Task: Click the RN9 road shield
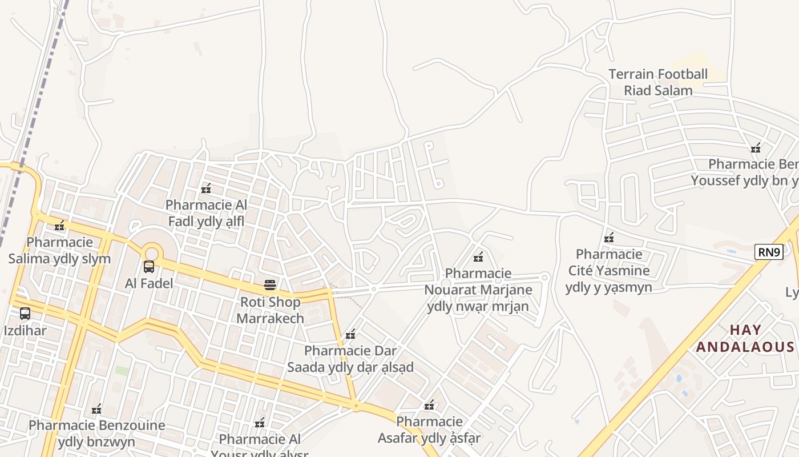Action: (768, 252)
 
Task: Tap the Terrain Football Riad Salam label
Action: (658, 82)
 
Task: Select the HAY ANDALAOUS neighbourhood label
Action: (745, 338)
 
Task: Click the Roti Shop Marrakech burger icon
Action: (270, 285)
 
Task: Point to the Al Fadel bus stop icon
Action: (149, 266)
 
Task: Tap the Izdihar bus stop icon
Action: (25, 314)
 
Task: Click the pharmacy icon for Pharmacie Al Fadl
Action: (206, 189)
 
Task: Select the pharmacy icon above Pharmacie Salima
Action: (59, 226)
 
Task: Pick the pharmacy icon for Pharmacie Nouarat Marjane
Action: (478, 257)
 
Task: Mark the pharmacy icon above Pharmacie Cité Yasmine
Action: (609, 238)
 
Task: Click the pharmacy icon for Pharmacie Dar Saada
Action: (350, 334)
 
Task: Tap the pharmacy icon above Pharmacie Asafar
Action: (429, 406)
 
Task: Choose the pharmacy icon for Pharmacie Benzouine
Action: (96, 409)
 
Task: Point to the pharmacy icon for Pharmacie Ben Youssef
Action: (756, 148)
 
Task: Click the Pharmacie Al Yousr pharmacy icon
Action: (260, 423)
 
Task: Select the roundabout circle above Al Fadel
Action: (151, 252)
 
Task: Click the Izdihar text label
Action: (25, 330)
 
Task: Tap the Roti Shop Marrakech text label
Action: (270, 310)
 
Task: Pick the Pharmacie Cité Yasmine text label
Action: (608, 270)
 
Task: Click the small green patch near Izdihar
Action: (122, 371)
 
